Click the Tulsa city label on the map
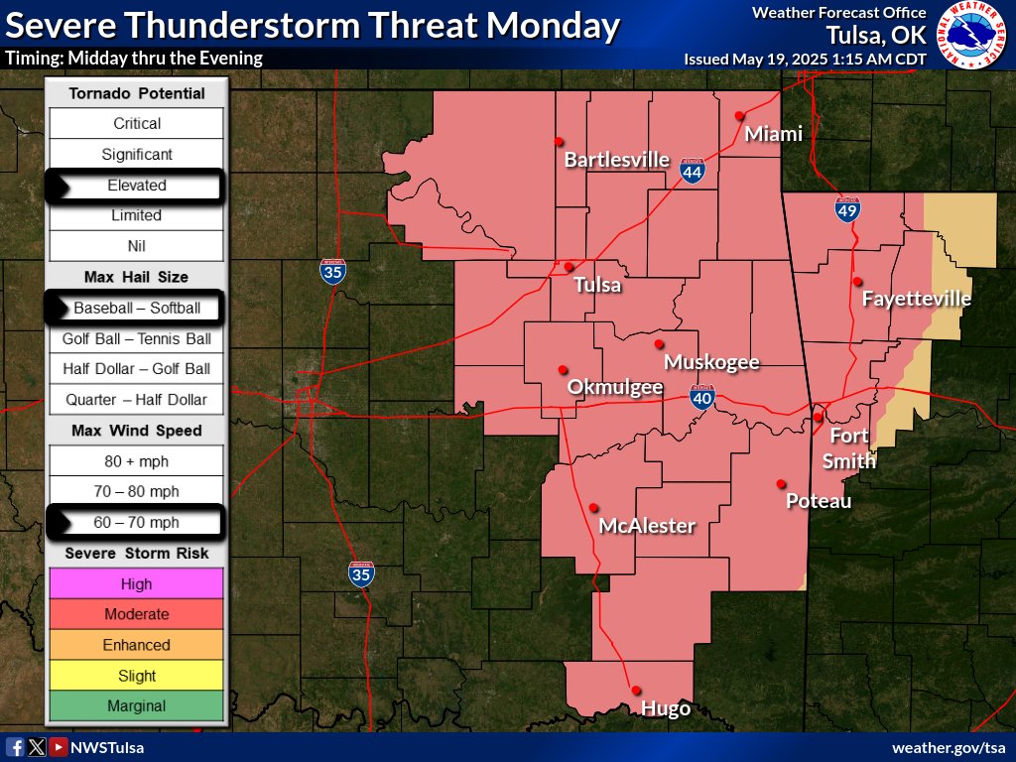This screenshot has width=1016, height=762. pyautogui.click(x=597, y=286)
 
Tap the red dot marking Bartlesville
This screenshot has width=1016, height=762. pyautogui.click(x=560, y=141)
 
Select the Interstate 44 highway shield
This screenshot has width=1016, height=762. pyautogui.click(x=693, y=173)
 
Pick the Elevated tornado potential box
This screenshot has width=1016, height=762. pyautogui.click(x=137, y=186)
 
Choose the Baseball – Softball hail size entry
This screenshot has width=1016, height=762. pyautogui.click(x=137, y=309)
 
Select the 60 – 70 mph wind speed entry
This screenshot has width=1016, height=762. pyautogui.click(x=137, y=522)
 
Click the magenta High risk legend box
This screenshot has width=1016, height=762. pyautogui.click(x=137, y=584)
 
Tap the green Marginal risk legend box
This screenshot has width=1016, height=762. pyautogui.click(x=137, y=706)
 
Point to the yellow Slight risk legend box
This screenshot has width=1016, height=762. pyautogui.click(x=137, y=676)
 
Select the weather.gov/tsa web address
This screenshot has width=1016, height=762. pyautogui.click(x=950, y=747)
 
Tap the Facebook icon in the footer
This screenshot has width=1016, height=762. pyautogui.click(x=15, y=747)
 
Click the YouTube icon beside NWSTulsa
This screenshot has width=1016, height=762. pyautogui.click(x=59, y=747)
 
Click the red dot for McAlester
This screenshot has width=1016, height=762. pyautogui.click(x=593, y=506)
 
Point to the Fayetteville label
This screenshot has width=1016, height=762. pyautogui.click(x=916, y=299)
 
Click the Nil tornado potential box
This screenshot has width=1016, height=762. pyautogui.click(x=137, y=246)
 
